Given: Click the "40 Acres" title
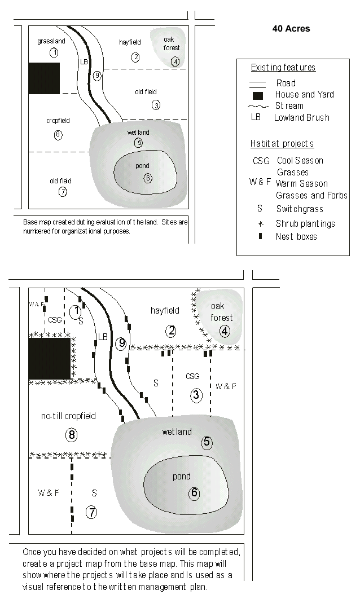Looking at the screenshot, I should coord(291,29).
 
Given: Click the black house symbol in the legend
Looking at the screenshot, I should coord(257,95).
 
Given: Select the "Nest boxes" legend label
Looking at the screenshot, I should coord(296,237).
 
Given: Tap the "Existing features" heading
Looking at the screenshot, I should coord(283,68).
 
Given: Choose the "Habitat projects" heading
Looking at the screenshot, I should coord(282,144).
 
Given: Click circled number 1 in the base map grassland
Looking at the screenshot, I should coord(54,53).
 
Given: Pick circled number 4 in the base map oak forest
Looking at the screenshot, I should coord(175,61).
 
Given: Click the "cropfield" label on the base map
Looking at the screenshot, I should coord(58,121).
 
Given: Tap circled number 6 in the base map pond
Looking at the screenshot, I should coord(147,178).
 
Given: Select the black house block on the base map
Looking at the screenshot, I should coord(44,78).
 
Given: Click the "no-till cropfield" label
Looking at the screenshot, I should coord(68,416).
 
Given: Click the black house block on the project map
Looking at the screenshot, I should coord(50,359).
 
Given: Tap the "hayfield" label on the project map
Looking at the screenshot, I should coord(165,310).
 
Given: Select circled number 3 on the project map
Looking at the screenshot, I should coord(196,395).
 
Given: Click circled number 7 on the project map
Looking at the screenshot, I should coord(91,512).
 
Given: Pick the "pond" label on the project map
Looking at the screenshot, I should coord(182,477).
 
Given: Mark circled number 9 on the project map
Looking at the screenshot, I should coord(121,343).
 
